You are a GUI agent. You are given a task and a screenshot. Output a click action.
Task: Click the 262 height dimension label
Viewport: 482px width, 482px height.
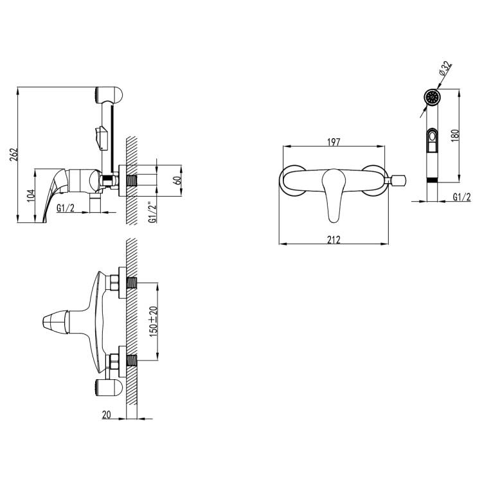pyautogui.click(x=14, y=155)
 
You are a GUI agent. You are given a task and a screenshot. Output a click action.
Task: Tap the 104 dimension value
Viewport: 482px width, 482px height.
pyautogui.click(x=31, y=195)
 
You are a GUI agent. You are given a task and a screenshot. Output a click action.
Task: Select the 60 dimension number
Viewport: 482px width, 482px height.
pyautogui.click(x=177, y=180)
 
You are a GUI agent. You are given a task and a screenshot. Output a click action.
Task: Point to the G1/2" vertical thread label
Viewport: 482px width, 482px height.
pyautogui.click(x=152, y=212)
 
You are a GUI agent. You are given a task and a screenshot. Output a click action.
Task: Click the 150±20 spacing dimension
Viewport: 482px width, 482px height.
pyautogui.click(x=154, y=321)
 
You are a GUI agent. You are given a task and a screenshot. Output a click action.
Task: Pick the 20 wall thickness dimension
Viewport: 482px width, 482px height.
pyautogui.click(x=106, y=415)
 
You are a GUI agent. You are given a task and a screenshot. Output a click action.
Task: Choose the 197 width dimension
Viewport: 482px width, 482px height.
pyautogui.click(x=334, y=142)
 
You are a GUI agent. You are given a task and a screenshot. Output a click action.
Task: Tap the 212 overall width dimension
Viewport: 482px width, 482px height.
pyautogui.click(x=334, y=240)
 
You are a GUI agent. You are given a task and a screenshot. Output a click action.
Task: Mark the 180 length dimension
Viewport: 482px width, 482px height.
pyautogui.click(x=456, y=136)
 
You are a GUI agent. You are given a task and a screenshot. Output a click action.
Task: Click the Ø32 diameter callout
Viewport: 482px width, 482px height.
pyautogui.click(x=445, y=69)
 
